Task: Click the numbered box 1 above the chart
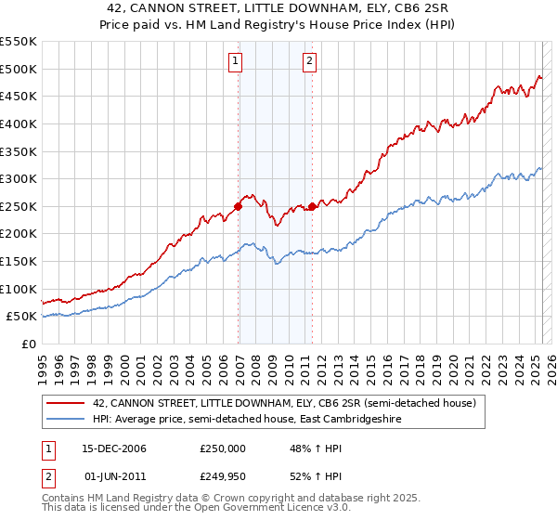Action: click(x=235, y=62)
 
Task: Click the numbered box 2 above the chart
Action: click(x=309, y=62)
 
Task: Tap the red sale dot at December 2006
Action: click(x=239, y=206)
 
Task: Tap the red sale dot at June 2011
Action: click(x=312, y=206)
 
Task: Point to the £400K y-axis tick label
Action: click(x=19, y=123)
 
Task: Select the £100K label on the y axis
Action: click(x=19, y=289)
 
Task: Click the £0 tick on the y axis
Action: click(x=28, y=344)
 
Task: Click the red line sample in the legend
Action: click(x=65, y=403)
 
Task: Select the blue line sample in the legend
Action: click(x=65, y=419)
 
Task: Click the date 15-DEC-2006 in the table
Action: click(x=114, y=448)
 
